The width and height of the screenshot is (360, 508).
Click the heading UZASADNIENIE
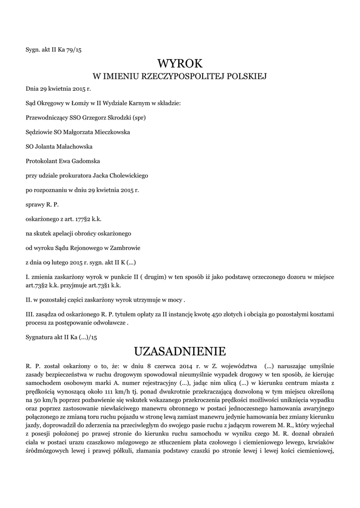(180, 351)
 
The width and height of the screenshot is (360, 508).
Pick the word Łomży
(72, 104)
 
